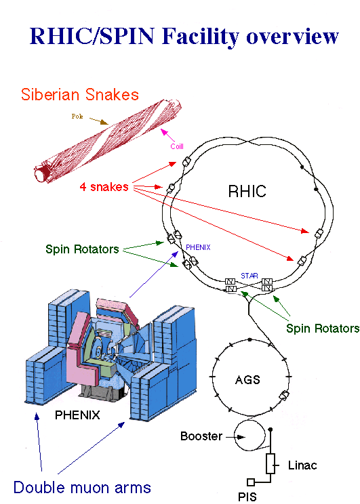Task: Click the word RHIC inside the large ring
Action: [x=247, y=191]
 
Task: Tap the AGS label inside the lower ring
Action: [x=247, y=380]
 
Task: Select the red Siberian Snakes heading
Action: [x=80, y=95]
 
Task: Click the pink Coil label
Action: [x=177, y=146]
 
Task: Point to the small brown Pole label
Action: [x=77, y=116]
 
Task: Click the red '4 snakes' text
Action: [x=104, y=187]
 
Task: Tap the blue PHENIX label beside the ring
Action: [x=198, y=247]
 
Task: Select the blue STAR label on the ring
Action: [x=249, y=276]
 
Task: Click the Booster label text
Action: [x=201, y=436]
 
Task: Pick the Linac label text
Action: [x=302, y=465]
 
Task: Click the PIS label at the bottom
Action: [x=247, y=497]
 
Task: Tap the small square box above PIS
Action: [x=251, y=482]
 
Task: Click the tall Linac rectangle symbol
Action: [x=271, y=463]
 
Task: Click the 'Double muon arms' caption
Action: [x=82, y=487]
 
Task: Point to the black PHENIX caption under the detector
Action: [x=77, y=415]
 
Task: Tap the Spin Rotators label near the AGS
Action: [x=323, y=328]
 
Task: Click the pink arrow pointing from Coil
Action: [x=167, y=135]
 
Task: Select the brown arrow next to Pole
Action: [x=99, y=121]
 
